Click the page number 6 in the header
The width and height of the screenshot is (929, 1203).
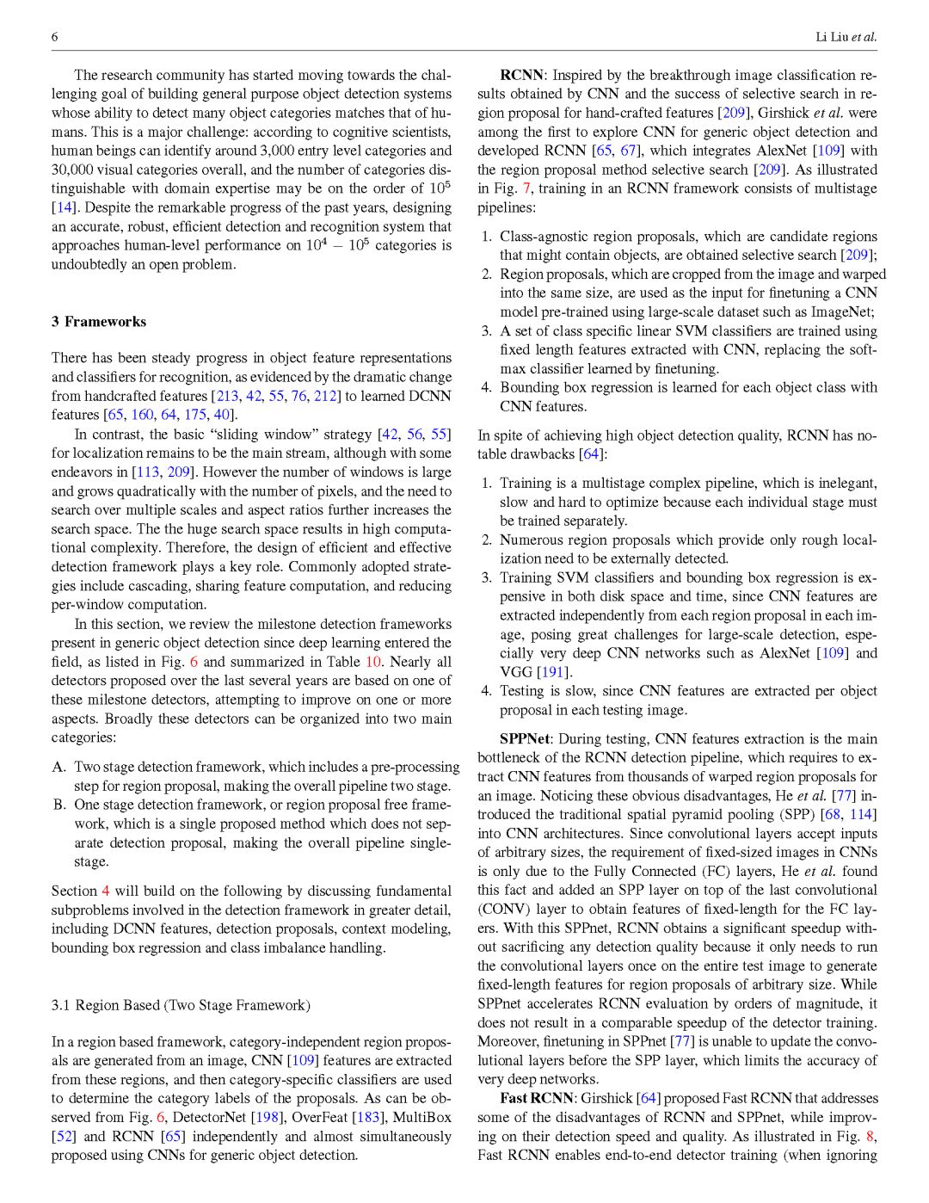(55, 37)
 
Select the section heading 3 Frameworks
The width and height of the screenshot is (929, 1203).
(98, 322)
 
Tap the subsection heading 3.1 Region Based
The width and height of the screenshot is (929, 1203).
(181, 1005)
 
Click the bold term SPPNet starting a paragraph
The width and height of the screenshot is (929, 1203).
(524, 739)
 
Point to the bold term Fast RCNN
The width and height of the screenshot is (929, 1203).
(536, 1099)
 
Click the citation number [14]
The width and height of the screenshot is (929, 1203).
(63, 207)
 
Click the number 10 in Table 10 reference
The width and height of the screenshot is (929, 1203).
(373, 662)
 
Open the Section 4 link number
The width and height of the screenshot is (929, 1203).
(106, 891)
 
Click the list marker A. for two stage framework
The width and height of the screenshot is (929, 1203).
(59, 767)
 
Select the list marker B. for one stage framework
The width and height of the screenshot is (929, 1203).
(59, 805)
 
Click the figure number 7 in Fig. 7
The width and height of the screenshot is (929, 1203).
(526, 188)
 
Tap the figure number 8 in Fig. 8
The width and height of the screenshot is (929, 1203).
(871, 1137)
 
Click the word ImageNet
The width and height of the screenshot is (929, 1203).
(846, 312)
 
